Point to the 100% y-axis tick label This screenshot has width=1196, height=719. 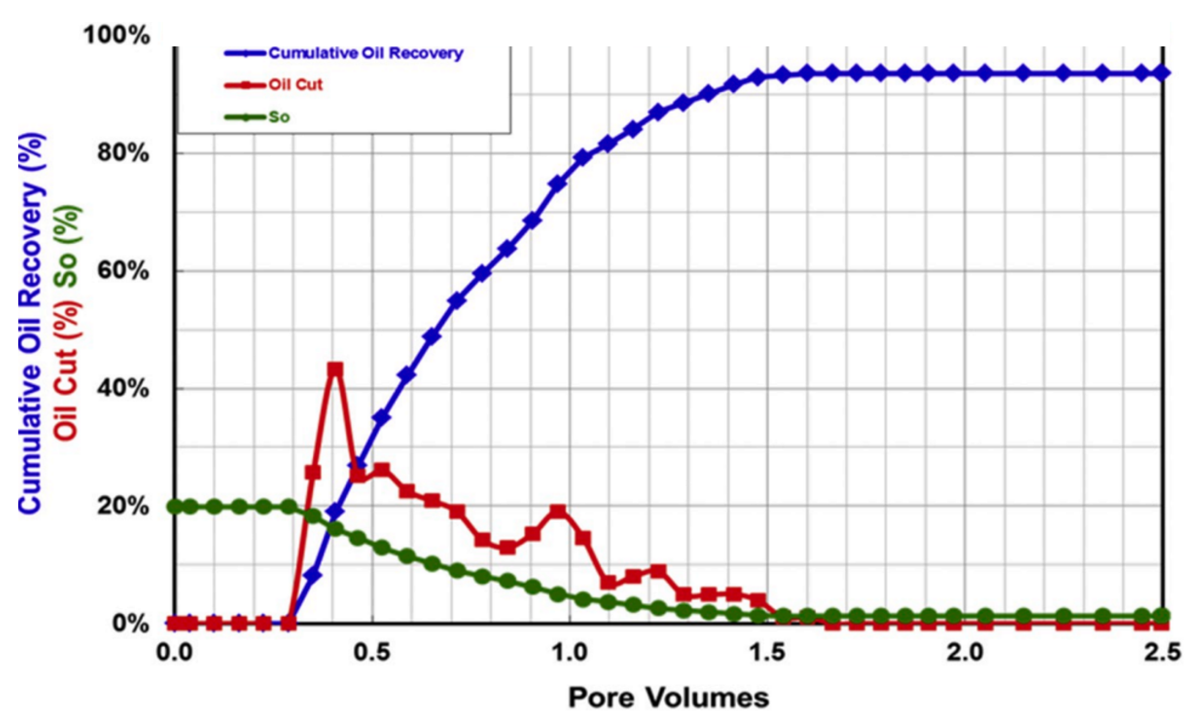click(x=116, y=35)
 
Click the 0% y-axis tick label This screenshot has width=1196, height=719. click(x=130, y=624)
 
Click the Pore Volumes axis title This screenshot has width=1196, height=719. click(x=668, y=698)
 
